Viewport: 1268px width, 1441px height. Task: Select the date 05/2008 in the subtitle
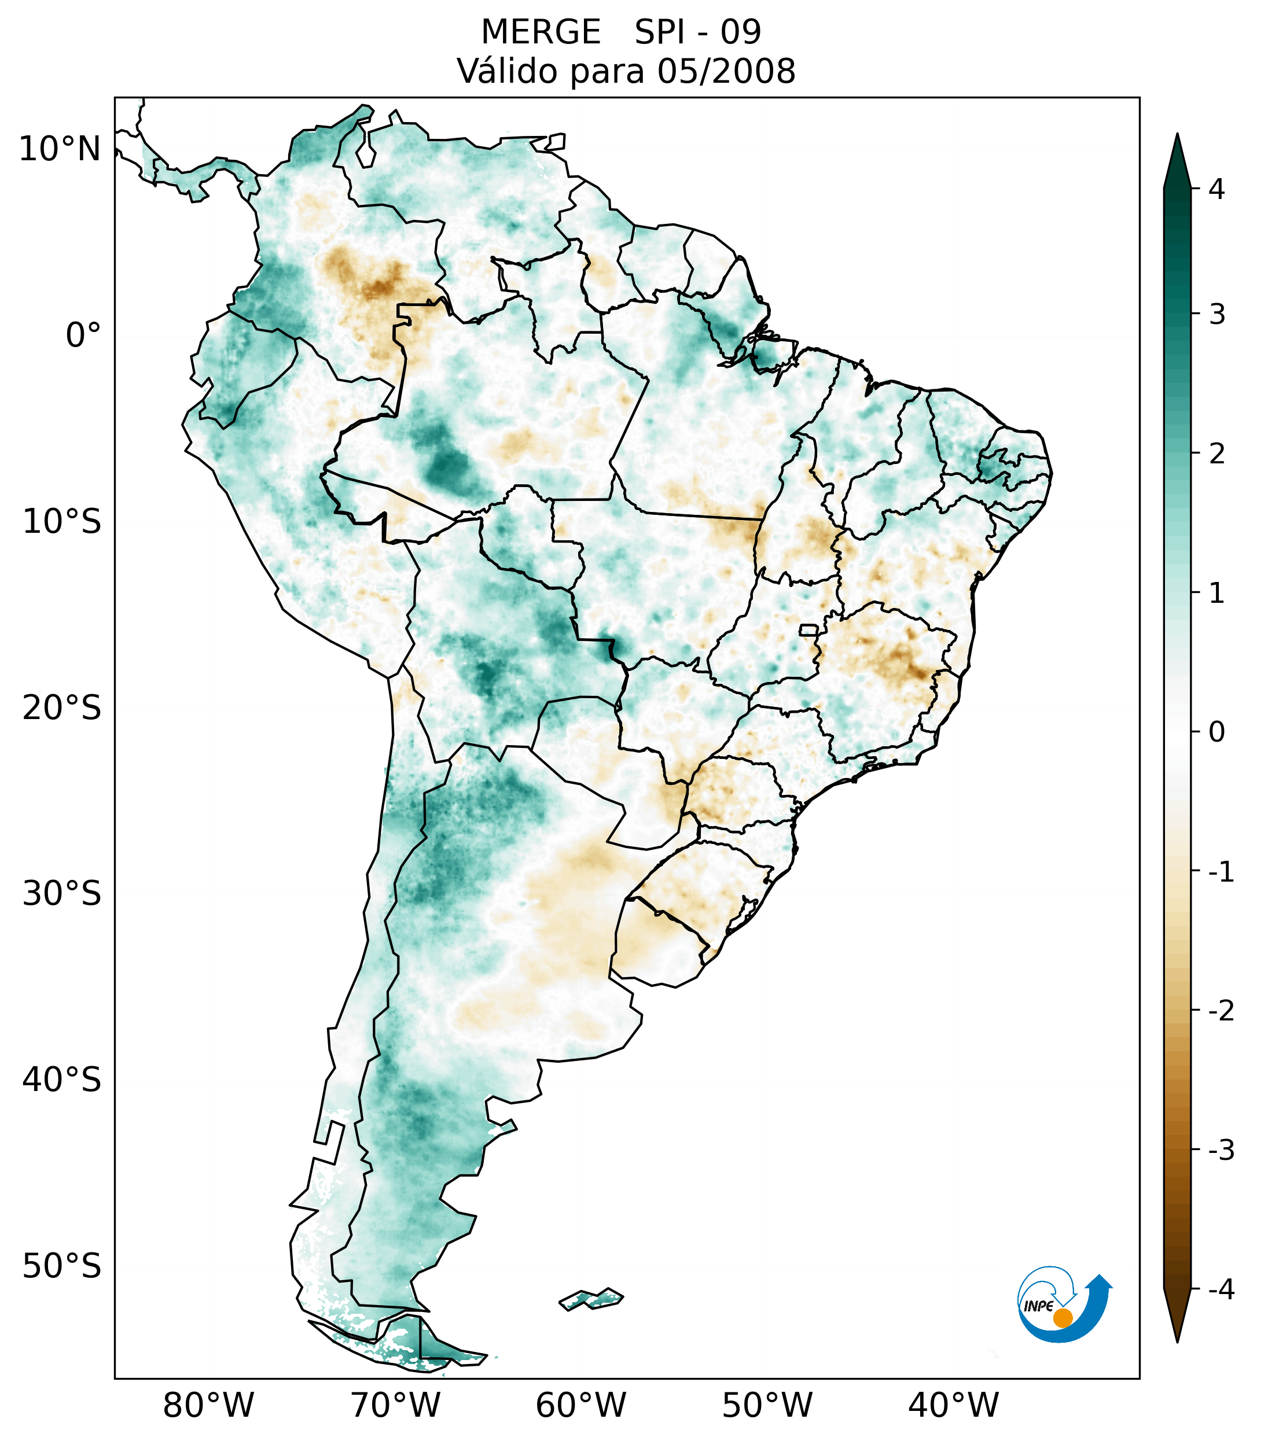click(726, 71)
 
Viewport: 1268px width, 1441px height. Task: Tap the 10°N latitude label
click(60, 149)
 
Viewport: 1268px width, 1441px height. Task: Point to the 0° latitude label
click(83, 335)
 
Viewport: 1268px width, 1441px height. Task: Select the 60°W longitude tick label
click(580, 1405)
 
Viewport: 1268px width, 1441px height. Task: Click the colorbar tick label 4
click(1216, 189)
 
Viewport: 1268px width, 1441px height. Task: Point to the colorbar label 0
click(1216, 732)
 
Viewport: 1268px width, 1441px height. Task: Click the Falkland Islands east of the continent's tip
click(591, 1299)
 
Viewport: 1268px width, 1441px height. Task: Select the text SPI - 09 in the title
click(697, 32)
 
